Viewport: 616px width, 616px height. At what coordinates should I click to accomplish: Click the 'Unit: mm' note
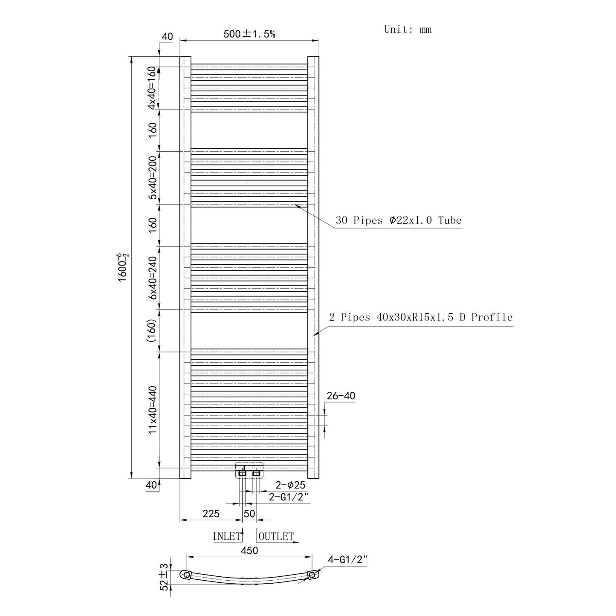[x=408, y=29]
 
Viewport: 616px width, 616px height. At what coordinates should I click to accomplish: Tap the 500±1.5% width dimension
[x=249, y=34]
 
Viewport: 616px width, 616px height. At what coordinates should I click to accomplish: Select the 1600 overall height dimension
[x=123, y=267]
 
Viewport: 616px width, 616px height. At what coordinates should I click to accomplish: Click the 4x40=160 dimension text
[x=153, y=87]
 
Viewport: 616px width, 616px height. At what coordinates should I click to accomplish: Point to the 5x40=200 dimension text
[x=153, y=177]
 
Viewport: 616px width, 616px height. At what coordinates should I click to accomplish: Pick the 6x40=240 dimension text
[x=153, y=278]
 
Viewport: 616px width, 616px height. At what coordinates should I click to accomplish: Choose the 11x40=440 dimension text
[x=153, y=410]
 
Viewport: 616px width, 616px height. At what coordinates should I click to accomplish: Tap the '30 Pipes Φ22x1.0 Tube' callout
[x=398, y=220]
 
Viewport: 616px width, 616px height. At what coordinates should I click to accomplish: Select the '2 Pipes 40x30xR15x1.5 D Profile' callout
[x=421, y=317]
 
